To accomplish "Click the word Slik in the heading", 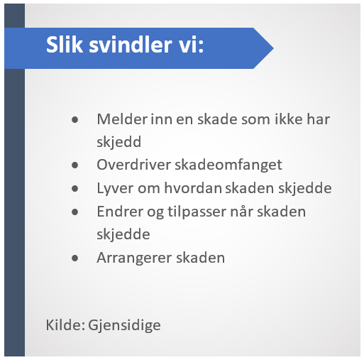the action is (x=65, y=45).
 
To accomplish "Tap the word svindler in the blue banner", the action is (x=131, y=45).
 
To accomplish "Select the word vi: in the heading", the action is (x=191, y=45).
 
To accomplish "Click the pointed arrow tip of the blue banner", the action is (x=273, y=48).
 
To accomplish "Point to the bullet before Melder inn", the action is (x=75, y=120).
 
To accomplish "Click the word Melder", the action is (x=123, y=119).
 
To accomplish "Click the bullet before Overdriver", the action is (x=75, y=165).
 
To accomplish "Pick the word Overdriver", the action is (x=134, y=165).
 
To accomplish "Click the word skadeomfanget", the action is (x=228, y=165).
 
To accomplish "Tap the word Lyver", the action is (x=116, y=189).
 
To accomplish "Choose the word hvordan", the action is (x=193, y=188).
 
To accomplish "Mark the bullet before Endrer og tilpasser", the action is (x=75, y=212).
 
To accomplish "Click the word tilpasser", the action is (x=197, y=212).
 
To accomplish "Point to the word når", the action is (x=242, y=211).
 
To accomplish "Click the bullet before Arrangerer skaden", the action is (x=75, y=258).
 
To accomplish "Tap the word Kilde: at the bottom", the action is (x=65, y=324).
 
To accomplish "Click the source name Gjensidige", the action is (x=124, y=325).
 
